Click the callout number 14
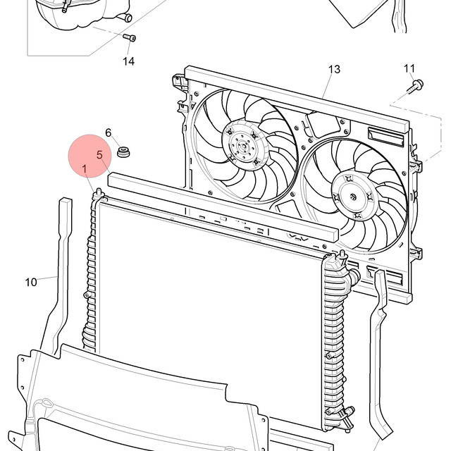pos(128,61)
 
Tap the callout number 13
pos(334,69)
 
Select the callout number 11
pos(409,68)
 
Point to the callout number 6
pos(108,132)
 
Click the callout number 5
pos(99,155)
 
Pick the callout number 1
pos(85,169)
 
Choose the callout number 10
pos(31,282)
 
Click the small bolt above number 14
pos(130,37)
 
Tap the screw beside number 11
pos(415,86)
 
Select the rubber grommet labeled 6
pos(123,152)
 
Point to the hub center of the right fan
pos(353,197)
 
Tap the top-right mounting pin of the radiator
pos(342,255)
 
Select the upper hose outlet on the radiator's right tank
pos(354,276)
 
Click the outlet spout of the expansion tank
pos(125,18)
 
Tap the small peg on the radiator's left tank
pos(87,295)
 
